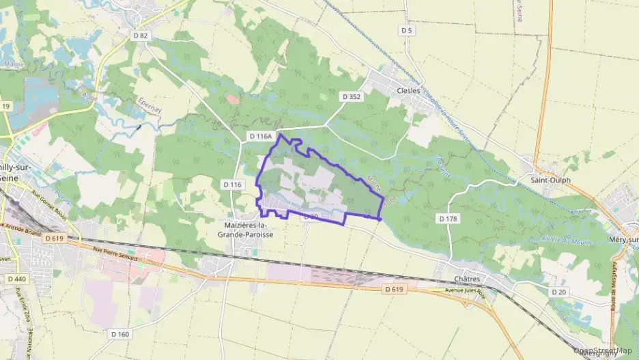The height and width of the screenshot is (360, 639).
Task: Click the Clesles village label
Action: pos(408,90)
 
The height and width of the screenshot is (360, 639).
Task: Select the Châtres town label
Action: pos(467,279)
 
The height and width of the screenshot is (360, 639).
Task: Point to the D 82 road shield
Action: pos(141,35)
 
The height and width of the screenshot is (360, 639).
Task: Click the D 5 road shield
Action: pos(408,30)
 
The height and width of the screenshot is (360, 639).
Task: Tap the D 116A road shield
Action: pos(261,137)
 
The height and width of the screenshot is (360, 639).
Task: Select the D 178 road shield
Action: pos(447,219)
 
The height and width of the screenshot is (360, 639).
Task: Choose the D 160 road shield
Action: pos(119,334)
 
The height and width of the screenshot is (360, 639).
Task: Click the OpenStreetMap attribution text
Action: pos(603,351)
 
